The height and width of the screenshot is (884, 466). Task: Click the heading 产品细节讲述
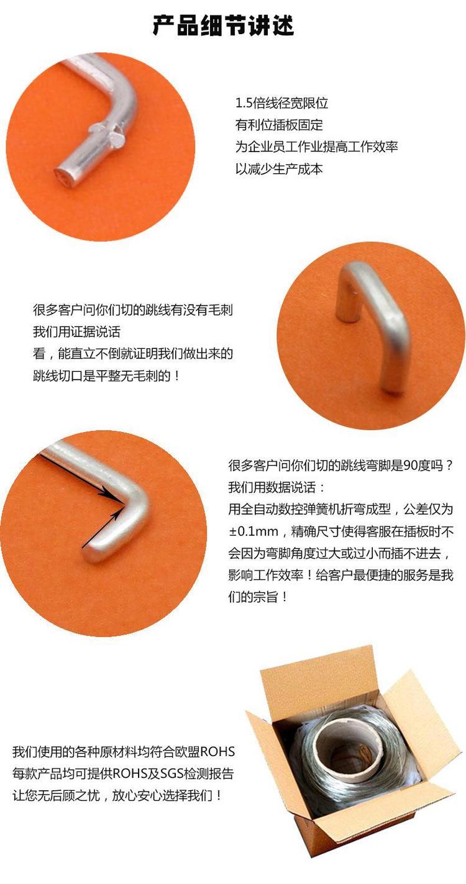[x=224, y=27]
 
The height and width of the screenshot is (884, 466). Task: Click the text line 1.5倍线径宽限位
[x=281, y=104]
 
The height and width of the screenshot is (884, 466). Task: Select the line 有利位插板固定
[x=279, y=125]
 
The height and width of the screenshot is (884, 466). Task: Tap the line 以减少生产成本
[x=279, y=169]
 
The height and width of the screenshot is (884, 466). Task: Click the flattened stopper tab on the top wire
[x=107, y=133]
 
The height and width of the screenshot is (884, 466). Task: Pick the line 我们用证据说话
[x=76, y=331]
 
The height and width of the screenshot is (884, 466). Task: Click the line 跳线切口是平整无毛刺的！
[x=107, y=376]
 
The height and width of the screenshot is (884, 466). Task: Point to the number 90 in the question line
[x=411, y=466]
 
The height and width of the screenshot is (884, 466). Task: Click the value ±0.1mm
[x=253, y=531]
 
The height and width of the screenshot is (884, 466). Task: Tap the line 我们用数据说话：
[x=277, y=487]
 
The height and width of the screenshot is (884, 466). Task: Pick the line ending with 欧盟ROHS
[x=124, y=751]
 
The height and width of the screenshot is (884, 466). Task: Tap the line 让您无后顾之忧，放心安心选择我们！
[x=117, y=795]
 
